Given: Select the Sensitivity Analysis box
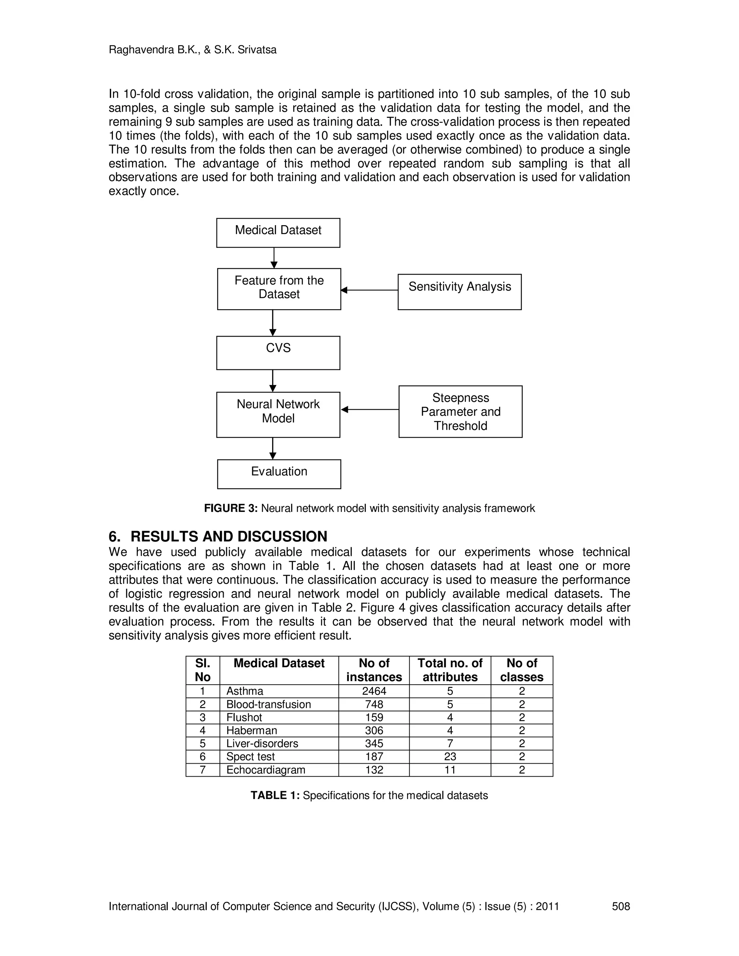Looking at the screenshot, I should click(459, 291).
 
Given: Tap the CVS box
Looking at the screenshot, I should click(278, 352).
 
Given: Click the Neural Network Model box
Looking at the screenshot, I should click(278, 414).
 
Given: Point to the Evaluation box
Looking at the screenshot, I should click(279, 474).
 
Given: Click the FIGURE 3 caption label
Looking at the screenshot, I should click(231, 508).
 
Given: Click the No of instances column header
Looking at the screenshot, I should click(374, 670).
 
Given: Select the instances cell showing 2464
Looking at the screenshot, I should click(374, 691).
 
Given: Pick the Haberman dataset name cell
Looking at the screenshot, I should click(252, 731).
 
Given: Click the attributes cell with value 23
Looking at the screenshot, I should click(450, 757).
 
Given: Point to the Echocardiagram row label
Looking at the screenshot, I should click(266, 770).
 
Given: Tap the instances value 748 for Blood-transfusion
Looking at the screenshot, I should click(374, 704).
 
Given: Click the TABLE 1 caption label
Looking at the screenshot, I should click(275, 795).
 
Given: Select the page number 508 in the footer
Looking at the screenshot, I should click(620, 906).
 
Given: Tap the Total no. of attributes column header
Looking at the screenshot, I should click(450, 670).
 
